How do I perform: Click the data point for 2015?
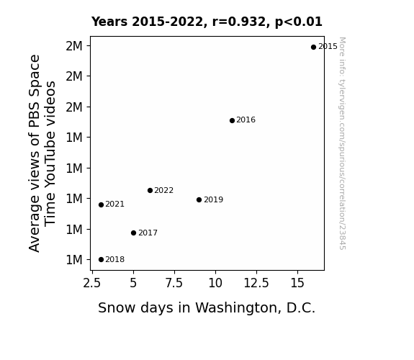pyautogui.click(x=313, y=48)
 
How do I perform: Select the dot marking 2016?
pyautogui.click(x=232, y=121)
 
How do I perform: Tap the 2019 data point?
pyautogui.click(x=199, y=200)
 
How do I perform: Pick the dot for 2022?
pyautogui.click(x=150, y=190)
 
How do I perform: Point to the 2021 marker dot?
pyautogui.click(x=101, y=205)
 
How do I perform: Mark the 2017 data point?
pyautogui.click(x=134, y=233)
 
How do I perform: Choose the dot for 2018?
pyautogui.click(x=101, y=260)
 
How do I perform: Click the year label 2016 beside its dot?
pyautogui.click(x=246, y=120)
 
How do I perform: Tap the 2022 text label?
pyautogui.click(x=163, y=190)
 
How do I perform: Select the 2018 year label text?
pyautogui.click(x=115, y=260)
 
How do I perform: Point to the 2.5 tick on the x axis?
pyautogui.click(x=92, y=283)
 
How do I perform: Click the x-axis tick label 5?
pyautogui.click(x=133, y=283)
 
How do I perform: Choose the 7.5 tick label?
pyautogui.click(x=174, y=283)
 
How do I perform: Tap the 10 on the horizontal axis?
pyautogui.click(x=215, y=283)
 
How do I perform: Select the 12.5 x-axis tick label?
pyautogui.click(x=256, y=283)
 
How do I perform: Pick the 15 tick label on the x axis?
pyautogui.click(x=297, y=283)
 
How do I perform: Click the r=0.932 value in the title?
pyautogui.click(x=239, y=22)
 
